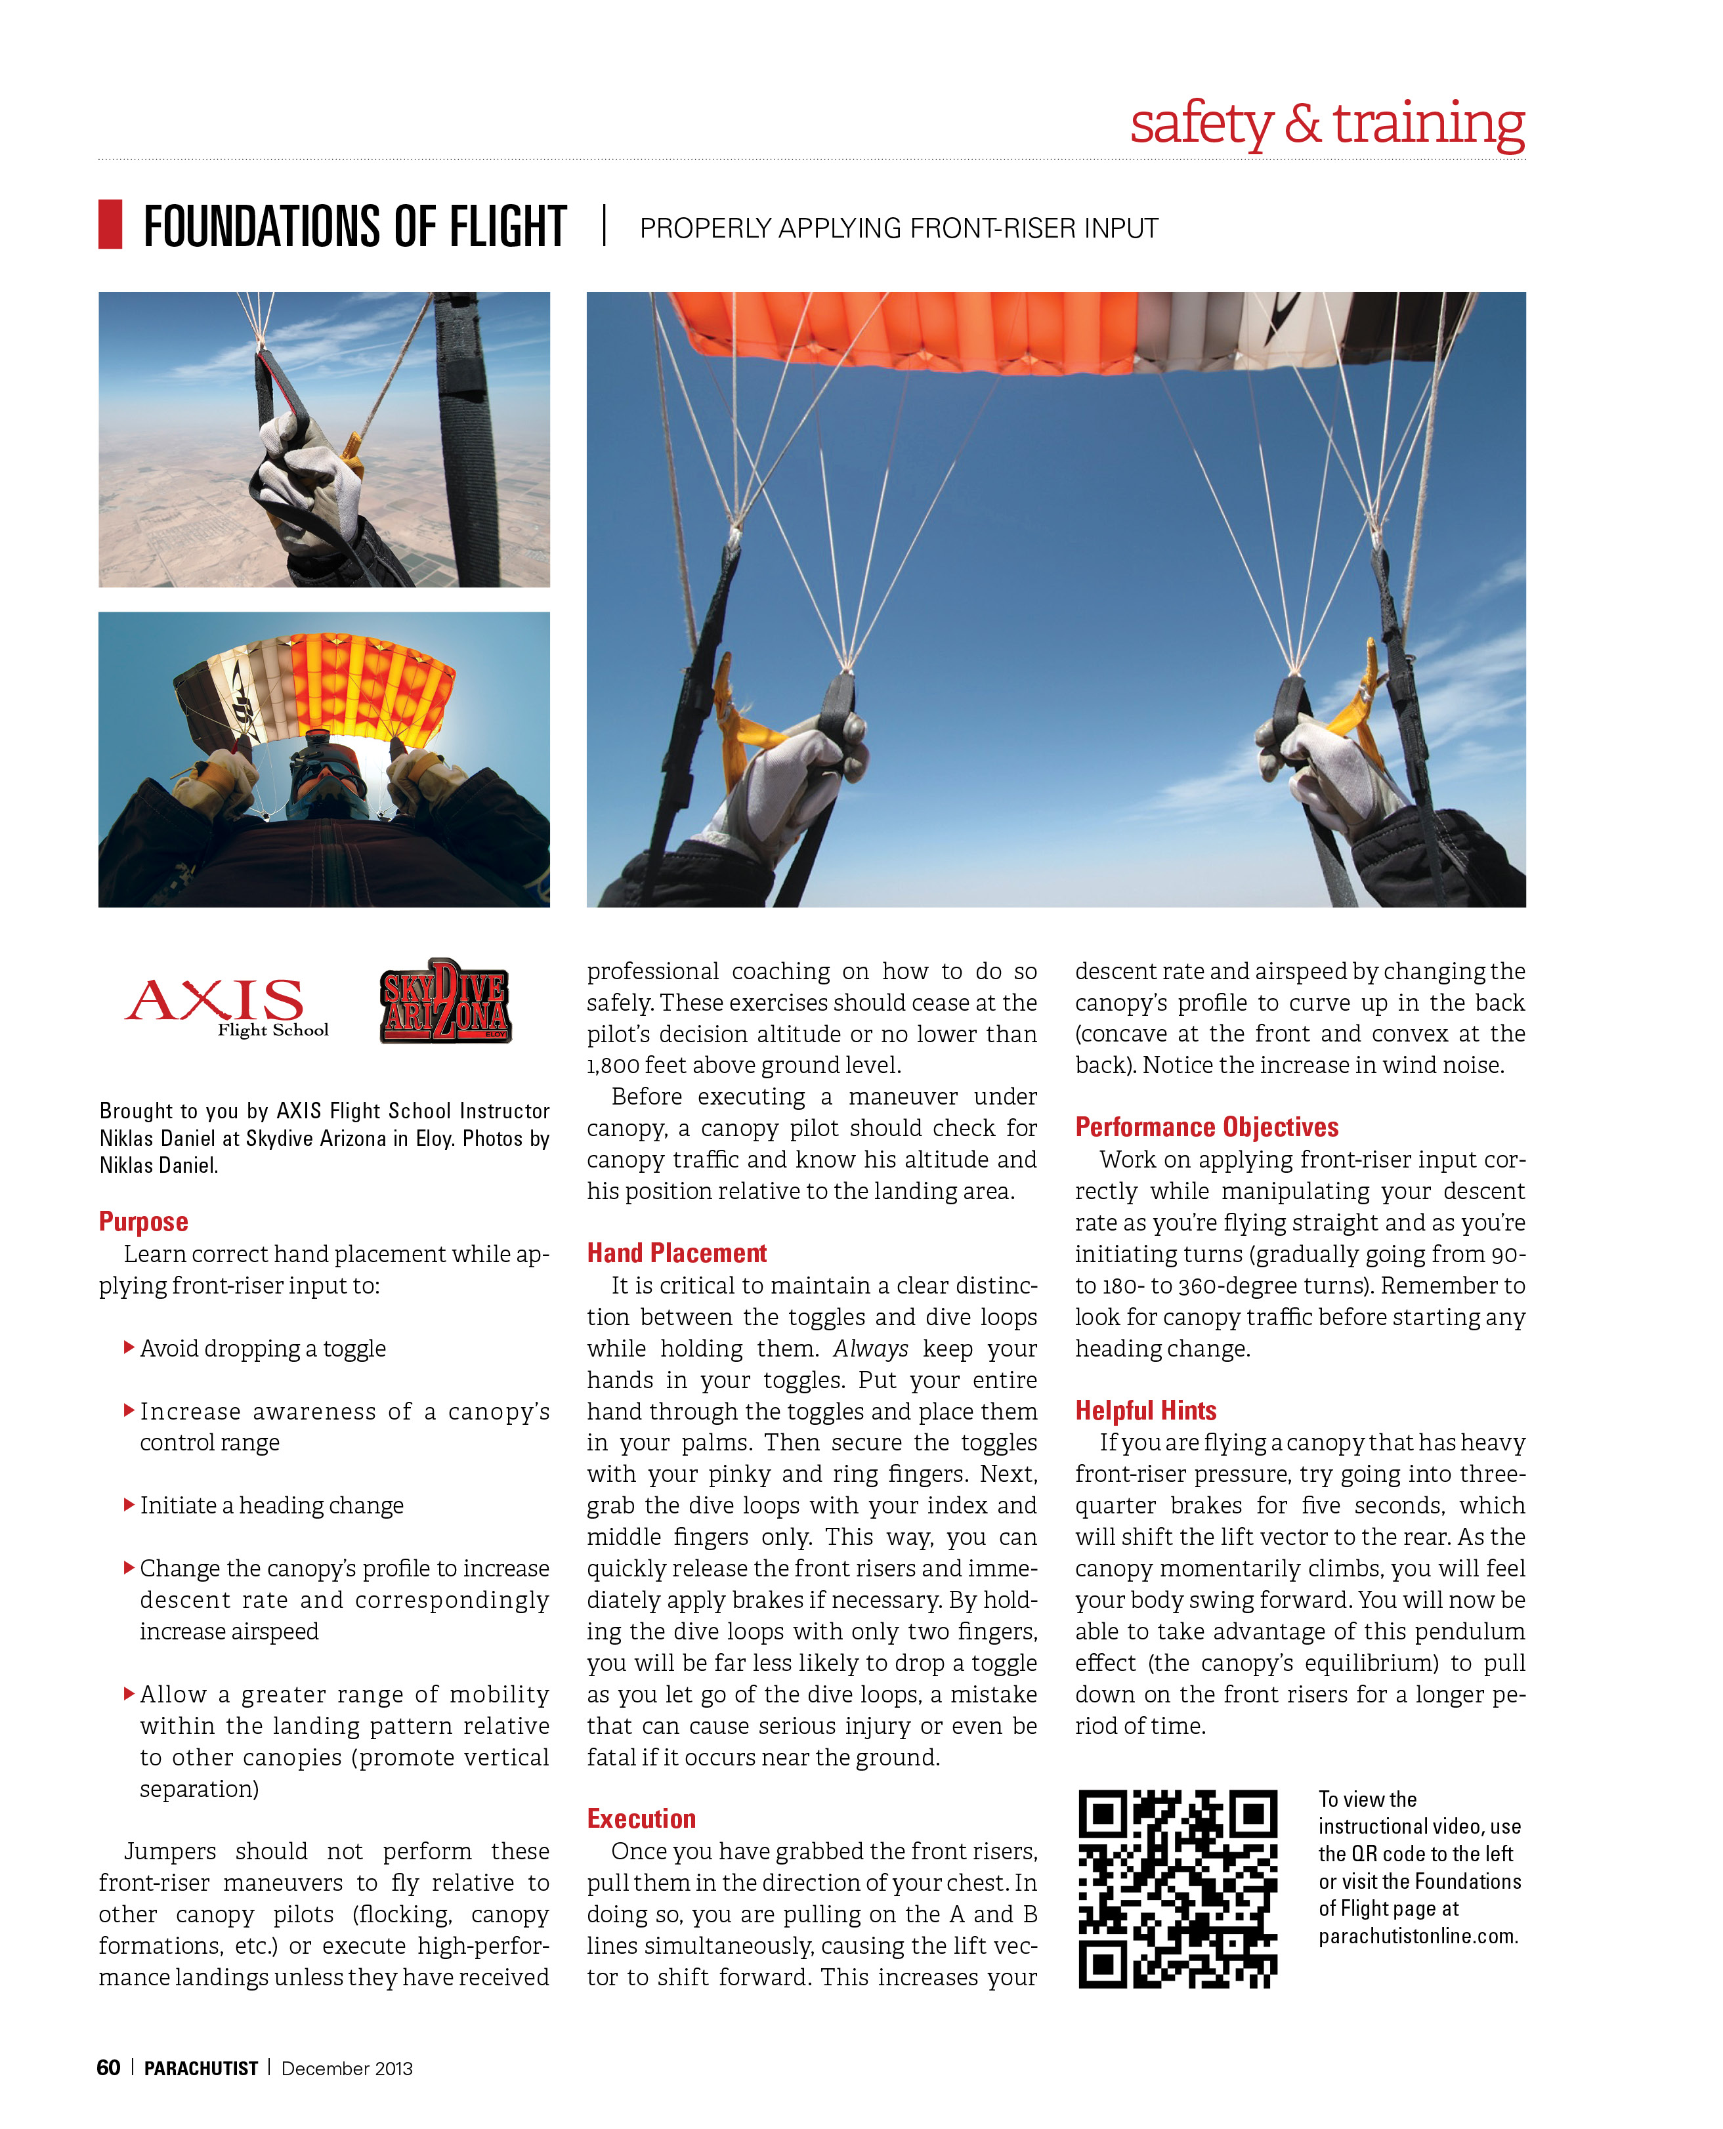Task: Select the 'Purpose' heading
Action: click(x=144, y=1222)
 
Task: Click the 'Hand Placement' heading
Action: click(x=677, y=1254)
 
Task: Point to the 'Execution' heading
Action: click(x=641, y=1819)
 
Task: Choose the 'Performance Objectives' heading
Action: click(x=1207, y=1128)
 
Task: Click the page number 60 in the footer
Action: click(x=108, y=2067)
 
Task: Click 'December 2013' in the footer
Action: click(x=347, y=2069)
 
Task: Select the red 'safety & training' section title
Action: click(x=1327, y=124)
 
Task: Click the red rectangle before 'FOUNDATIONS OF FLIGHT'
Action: click(x=110, y=224)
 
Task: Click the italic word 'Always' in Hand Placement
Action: click(x=870, y=1349)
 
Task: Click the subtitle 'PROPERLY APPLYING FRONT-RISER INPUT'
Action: click(x=898, y=229)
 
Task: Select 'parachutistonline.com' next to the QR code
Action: click(x=1418, y=1937)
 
